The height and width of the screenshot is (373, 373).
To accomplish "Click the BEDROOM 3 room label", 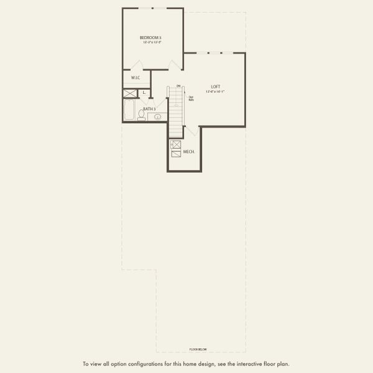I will point(150,38).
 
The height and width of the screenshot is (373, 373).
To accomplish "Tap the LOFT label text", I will point(216,86).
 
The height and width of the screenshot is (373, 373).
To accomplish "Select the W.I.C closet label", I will point(135,78).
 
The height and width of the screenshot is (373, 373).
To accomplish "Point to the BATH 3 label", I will point(149,109).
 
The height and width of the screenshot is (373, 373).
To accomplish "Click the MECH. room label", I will point(189,152).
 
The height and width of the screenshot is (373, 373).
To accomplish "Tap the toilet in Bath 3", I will point(142,115).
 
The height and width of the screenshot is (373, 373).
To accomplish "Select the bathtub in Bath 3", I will point(129,111).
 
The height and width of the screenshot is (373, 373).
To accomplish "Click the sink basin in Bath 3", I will point(158,116).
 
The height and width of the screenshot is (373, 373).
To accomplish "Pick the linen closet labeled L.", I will point(144,93).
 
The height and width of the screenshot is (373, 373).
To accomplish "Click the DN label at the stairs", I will point(178,86).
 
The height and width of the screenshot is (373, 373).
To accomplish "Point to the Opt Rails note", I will point(191,98).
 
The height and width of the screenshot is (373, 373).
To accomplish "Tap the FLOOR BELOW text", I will point(198,349).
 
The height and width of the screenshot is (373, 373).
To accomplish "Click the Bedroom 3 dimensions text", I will point(150,42).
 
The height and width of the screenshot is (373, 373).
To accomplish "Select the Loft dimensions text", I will point(216,91).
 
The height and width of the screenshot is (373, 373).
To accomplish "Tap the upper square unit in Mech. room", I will point(175,145).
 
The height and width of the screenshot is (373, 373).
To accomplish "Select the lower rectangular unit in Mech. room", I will point(175,154).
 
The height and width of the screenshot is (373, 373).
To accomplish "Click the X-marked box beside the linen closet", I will point(130,94).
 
